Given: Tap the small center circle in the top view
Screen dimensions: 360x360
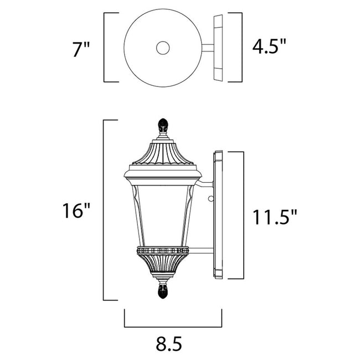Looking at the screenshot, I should pyautogui.click(x=163, y=48).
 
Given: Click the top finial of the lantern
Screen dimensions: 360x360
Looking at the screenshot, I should pyautogui.click(x=163, y=127).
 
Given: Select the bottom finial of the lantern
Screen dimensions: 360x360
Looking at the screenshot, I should pyautogui.click(x=163, y=289).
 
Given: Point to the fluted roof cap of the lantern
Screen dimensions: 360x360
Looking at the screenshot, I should pyautogui.click(x=163, y=152).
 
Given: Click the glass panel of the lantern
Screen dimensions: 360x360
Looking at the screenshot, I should pyautogui.click(x=163, y=213).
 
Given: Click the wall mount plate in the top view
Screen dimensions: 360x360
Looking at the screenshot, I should pyautogui.click(x=218, y=48).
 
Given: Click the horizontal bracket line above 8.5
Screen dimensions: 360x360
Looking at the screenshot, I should pyautogui.click(x=173, y=326).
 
